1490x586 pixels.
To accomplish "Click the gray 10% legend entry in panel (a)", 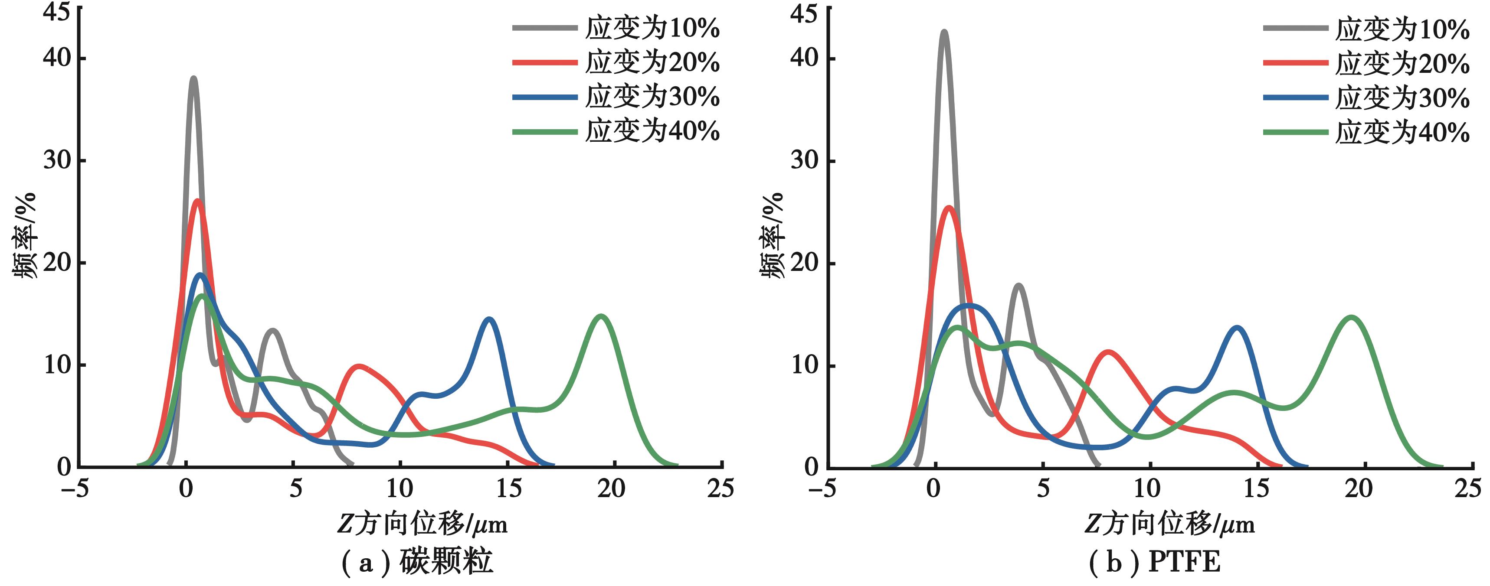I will coord(616,28).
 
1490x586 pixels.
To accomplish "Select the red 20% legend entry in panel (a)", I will coord(616,62).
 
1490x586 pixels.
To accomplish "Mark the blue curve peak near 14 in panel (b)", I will coord(1237,328).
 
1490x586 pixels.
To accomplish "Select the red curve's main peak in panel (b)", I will coord(949,208).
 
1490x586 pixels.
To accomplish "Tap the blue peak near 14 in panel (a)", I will coord(489,319).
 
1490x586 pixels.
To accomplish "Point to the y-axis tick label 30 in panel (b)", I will coord(805,160).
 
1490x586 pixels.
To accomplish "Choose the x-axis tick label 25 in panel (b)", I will coord(1467,489).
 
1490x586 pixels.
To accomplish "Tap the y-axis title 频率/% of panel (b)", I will coord(772,235).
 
